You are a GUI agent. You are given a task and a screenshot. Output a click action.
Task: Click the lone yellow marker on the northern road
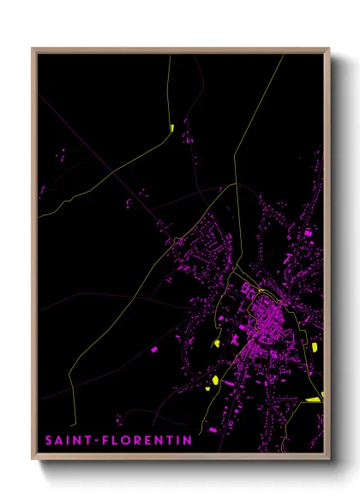(172, 129)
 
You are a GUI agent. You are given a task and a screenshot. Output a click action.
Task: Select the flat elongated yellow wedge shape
(314, 399)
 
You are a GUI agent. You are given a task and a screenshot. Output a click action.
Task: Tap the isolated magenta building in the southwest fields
(154, 350)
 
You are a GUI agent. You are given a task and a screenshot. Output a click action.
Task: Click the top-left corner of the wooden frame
(33, 49)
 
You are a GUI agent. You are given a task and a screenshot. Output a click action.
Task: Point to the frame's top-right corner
(328, 49)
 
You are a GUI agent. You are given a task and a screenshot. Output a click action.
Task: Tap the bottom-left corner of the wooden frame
(33, 459)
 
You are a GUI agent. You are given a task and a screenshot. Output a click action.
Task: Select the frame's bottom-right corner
(328, 459)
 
